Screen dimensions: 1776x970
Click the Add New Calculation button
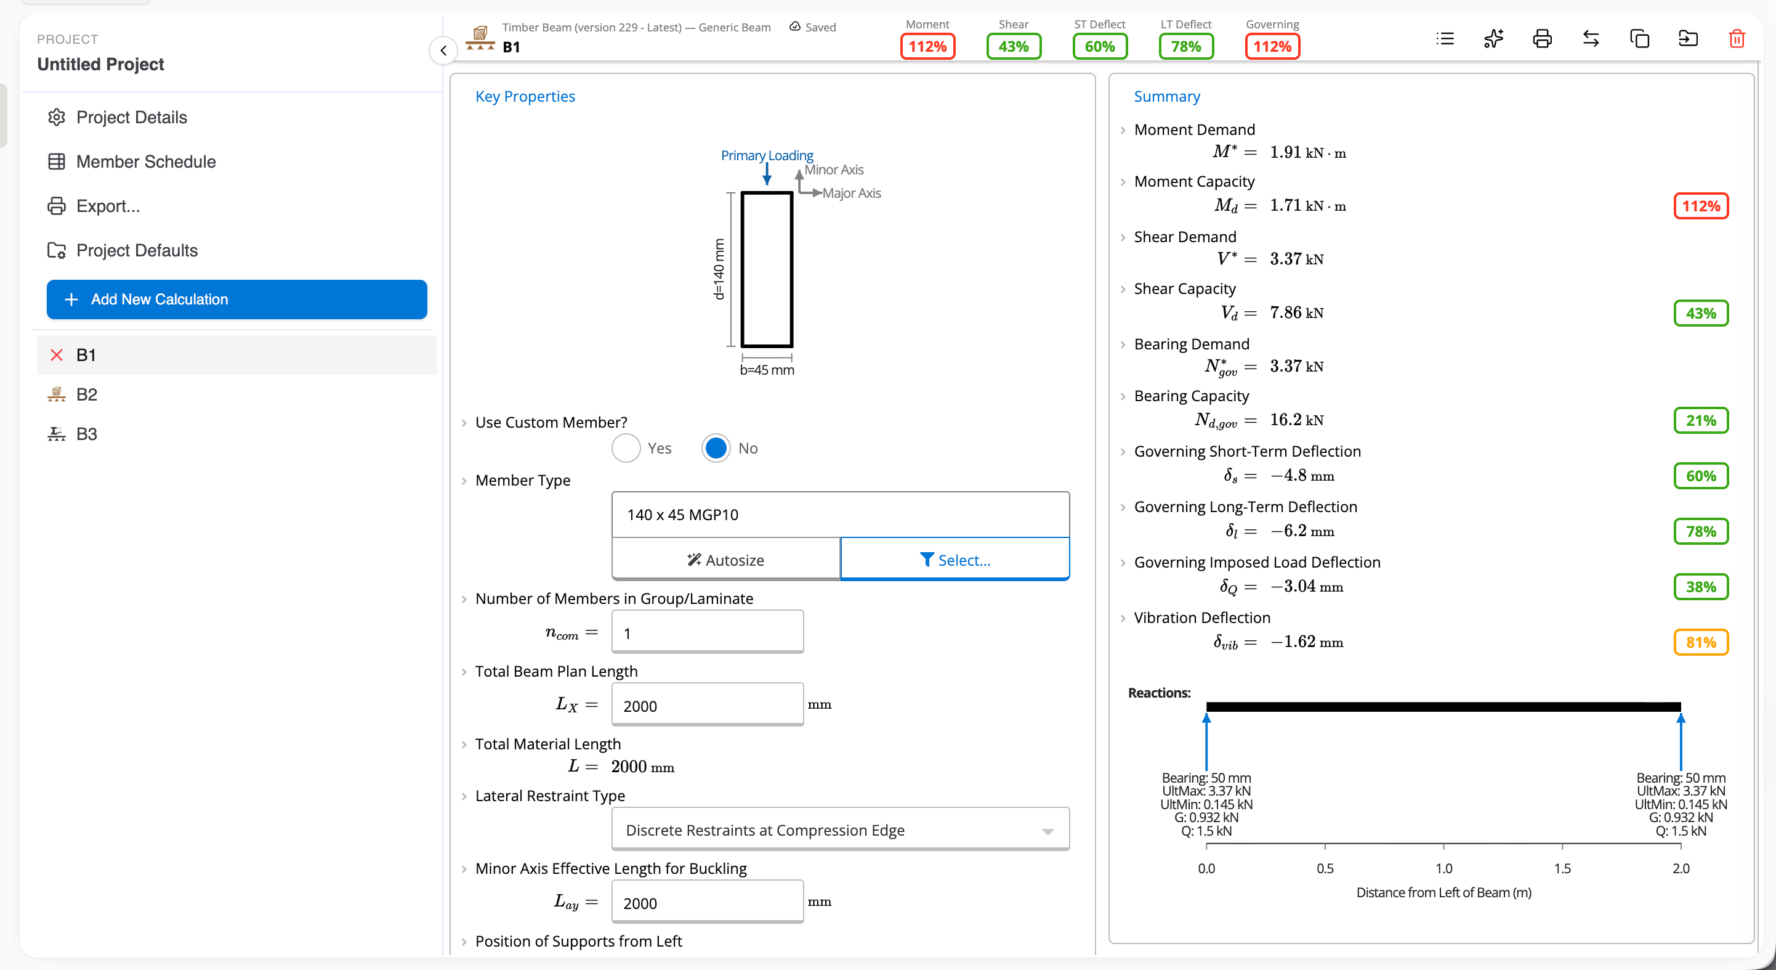pos(236,300)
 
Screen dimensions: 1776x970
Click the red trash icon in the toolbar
pos(1737,39)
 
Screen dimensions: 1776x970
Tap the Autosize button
pos(726,560)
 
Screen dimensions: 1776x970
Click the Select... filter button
pos(955,560)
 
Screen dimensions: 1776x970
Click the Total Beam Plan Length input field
pos(708,705)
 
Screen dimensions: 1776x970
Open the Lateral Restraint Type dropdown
pos(841,829)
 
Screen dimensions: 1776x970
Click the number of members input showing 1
pos(708,632)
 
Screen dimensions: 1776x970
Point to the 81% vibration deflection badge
pos(1701,642)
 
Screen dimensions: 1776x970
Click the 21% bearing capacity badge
pos(1701,420)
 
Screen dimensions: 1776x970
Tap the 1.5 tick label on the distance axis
pos(1562,868)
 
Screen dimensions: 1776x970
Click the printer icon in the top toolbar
pos(1542,39)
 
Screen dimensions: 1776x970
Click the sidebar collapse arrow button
pos(443,51)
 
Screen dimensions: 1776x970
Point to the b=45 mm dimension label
pos(767,370)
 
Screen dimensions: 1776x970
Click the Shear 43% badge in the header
pos(1014,46)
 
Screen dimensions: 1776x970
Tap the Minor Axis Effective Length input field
pos(708,902)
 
